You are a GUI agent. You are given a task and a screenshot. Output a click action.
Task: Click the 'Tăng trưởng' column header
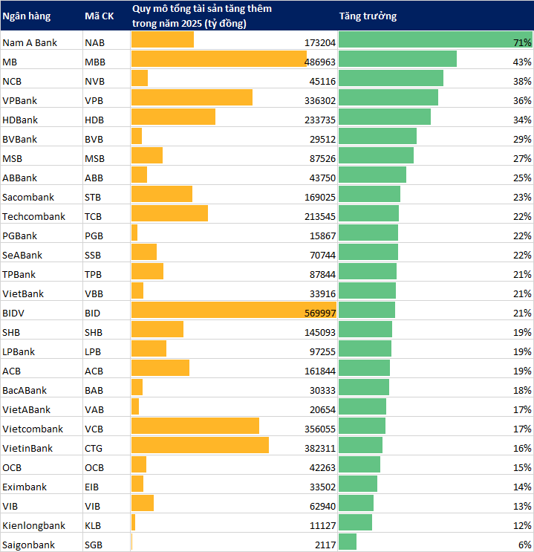368,16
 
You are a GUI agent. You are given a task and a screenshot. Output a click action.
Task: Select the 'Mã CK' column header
99,16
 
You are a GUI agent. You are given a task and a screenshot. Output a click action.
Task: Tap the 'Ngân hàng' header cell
25,16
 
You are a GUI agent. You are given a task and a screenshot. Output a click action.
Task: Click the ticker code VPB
94,100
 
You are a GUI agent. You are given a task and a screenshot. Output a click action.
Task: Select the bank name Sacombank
26,197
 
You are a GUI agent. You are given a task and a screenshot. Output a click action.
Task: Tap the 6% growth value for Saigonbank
524,545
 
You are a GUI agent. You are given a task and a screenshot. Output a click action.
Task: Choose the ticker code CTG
94,448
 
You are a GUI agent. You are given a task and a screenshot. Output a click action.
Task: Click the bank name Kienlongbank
33,525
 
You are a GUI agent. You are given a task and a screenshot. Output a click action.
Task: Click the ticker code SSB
94,255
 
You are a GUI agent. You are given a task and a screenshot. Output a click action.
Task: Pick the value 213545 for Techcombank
320,216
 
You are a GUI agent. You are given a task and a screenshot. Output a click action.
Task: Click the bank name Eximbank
25,487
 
